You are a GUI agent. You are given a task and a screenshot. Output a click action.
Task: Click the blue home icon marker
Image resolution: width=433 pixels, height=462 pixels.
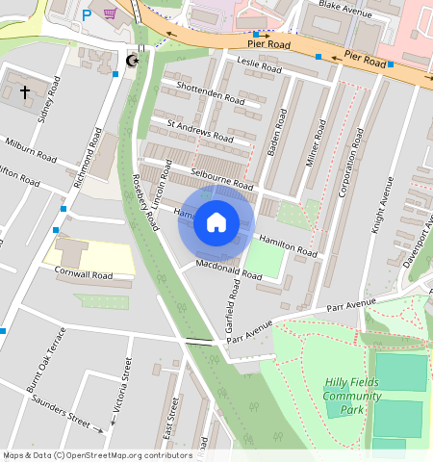pyautogui.click(x=216, y=223)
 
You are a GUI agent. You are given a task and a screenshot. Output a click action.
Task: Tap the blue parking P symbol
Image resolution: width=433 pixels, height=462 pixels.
pyautogui.click(x=87, y=14)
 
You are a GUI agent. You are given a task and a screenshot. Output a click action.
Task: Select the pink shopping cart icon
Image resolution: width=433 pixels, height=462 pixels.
pyautogui.click(x=111, y=13)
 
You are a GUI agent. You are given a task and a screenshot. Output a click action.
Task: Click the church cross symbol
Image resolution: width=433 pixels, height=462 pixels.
pyautogui.click(x=24, y=92)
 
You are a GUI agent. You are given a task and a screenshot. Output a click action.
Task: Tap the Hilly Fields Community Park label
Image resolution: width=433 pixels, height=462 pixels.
pyautogui.click(x=351, y=396)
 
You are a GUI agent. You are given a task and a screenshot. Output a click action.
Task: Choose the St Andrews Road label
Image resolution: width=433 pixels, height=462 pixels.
pyautogui.click(x=200, y=130)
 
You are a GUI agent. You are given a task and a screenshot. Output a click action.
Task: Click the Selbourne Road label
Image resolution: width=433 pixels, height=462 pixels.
pyautogui.click(x=221, y=178)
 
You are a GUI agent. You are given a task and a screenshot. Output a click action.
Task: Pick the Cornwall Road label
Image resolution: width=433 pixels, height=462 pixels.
pyautogui.click(x=85, y=275)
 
